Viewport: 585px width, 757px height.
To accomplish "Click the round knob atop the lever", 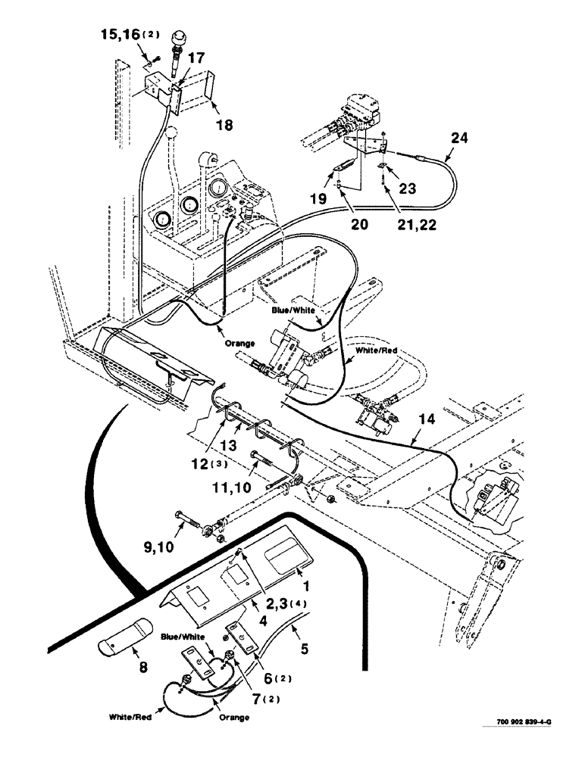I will (181, 36).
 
